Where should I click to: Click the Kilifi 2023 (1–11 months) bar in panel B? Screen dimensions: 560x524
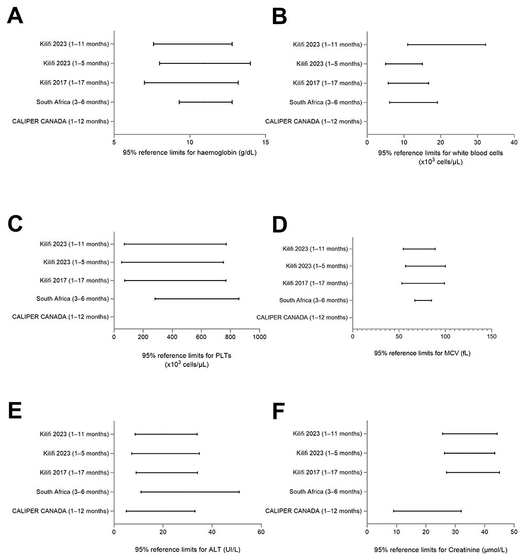click(x=446, y=44)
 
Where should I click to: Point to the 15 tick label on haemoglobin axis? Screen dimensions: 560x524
click(x=266, y=142)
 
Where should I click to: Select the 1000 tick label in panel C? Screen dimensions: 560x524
click(x=259, y=337)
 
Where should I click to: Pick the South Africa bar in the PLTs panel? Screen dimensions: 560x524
click(x=196, y=299)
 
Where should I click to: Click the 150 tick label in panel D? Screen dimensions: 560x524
click(x=491, y=337)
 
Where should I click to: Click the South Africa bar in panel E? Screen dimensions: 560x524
click(x=190, y=492)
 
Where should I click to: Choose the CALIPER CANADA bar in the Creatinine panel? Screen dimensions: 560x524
click(x=427, y=511)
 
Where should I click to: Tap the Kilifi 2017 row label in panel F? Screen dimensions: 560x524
click(x=327, y=473)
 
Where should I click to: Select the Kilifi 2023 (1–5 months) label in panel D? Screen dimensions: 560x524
click(x=316, y=266)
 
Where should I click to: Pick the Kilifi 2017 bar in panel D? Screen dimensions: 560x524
click(x=423, y=283)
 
